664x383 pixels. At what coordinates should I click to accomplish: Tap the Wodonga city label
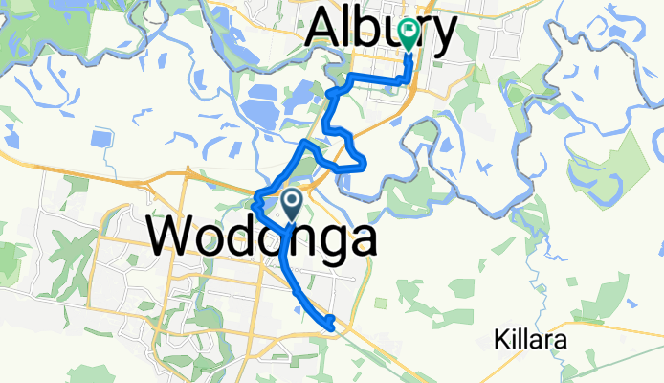260,236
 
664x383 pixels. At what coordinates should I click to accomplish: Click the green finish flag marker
410,35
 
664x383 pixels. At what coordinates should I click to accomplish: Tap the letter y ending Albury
442,36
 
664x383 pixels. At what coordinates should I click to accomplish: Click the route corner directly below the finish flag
408,82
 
